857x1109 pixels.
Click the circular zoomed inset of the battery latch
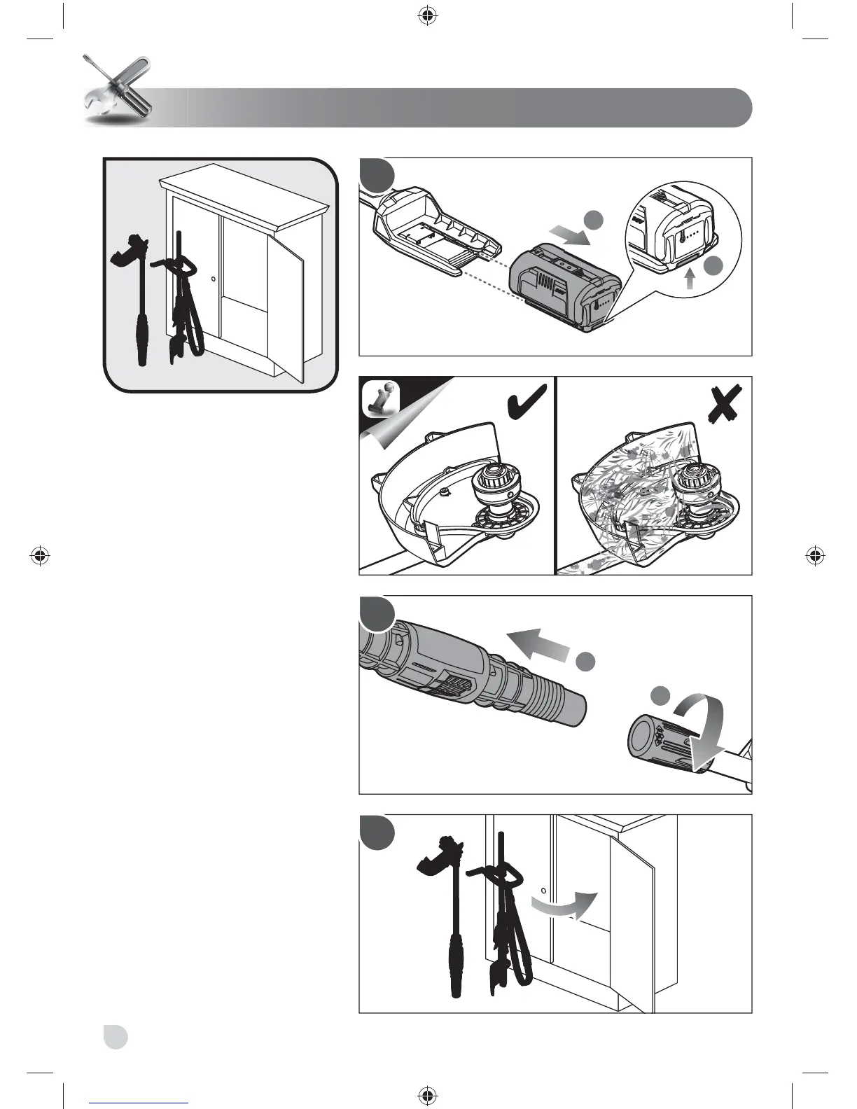point(683,224)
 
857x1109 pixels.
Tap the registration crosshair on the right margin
point(814,557)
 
